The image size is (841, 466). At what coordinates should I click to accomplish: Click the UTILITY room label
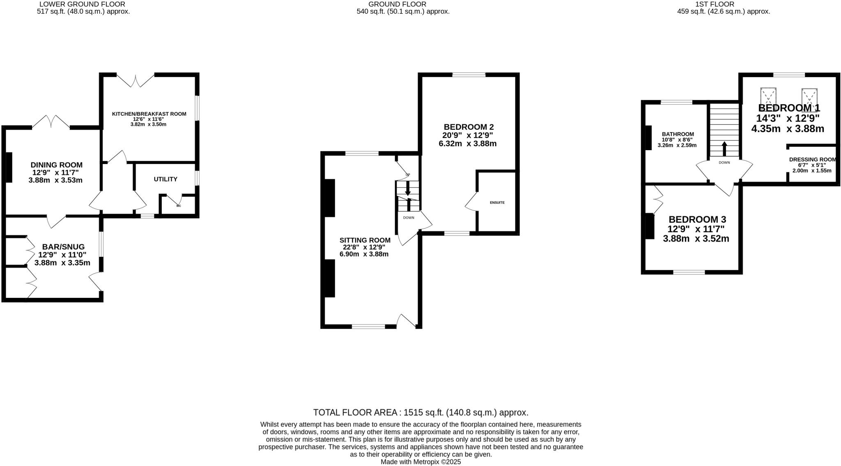[x=165, y=179]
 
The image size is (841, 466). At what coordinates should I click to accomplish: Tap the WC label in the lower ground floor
[x=179, y=206]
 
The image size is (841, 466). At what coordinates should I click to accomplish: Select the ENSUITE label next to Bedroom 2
[x=497, y=203]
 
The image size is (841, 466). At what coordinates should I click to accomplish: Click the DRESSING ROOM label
[x=812, y=160]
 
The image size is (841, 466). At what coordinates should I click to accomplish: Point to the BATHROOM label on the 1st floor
[x=678, y=134]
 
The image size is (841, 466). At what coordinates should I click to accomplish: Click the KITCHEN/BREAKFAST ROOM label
[x=149, y=114]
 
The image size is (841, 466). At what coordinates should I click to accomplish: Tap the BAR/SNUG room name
[x=63, y=247]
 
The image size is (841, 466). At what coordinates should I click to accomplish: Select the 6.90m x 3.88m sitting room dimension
[x=364, y=254]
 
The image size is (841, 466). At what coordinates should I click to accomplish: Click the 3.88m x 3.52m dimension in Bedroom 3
[x=696, y=238]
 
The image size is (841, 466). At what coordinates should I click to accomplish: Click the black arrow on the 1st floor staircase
[x=724, y=148]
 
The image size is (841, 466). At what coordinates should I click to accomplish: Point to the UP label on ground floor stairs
[x=408, y=175]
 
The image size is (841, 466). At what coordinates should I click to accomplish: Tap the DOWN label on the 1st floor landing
[x=724, y=163]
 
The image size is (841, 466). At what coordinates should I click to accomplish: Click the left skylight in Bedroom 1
[x=768, y=97]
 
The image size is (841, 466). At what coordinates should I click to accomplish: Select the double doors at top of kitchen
[x=136, y=81]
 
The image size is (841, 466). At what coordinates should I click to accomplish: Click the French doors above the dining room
[x=51, y=121]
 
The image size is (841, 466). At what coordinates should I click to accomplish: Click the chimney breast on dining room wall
[x=9, y=167]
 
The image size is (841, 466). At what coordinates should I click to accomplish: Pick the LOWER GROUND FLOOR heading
[x=83, y=4]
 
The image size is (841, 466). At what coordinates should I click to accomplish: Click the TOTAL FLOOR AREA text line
[x=420, y=412]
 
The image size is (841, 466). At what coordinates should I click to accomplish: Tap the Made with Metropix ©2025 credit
[x=420, y=462]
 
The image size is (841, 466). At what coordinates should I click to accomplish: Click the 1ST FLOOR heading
[x=723, y=4]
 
